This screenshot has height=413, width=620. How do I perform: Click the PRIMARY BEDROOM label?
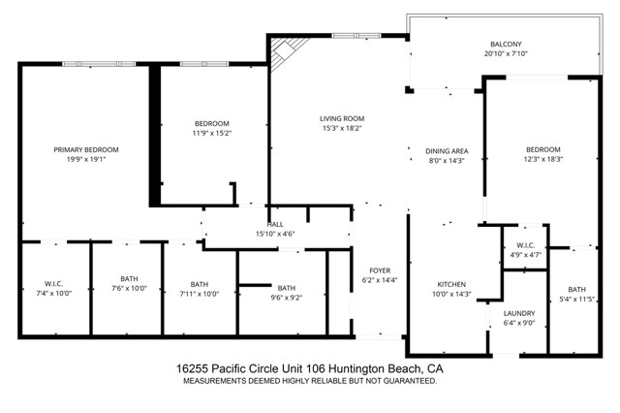tap(86, 149)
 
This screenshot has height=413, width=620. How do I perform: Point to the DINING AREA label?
tap(447, 150)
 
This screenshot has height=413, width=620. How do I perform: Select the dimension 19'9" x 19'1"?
tap(86, 160)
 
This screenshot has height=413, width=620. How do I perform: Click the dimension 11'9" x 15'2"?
tap(211, 133)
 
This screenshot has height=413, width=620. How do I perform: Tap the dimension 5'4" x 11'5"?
tap(577, 300)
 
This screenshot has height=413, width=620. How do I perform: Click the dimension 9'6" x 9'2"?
tap(286, 298)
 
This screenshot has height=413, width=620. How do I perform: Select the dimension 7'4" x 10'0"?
tap(53, 293)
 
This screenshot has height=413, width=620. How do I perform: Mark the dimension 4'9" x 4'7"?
tap(526, 255)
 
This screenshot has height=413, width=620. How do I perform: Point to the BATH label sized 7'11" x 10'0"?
tap(199, 284)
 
